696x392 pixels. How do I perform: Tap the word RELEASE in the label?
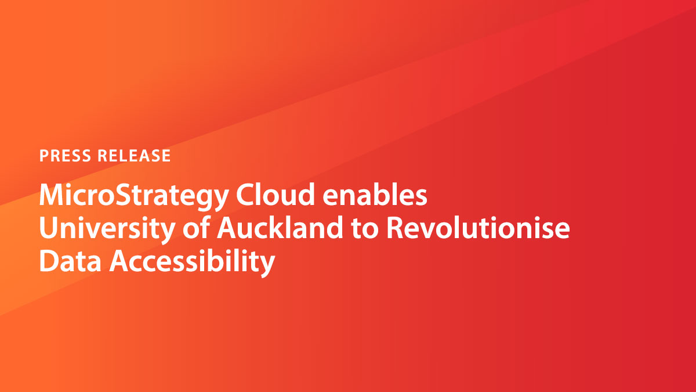tap(135, 156)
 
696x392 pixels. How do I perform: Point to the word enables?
tap(376, 196)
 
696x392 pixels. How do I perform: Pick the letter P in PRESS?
tap(43, 156)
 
